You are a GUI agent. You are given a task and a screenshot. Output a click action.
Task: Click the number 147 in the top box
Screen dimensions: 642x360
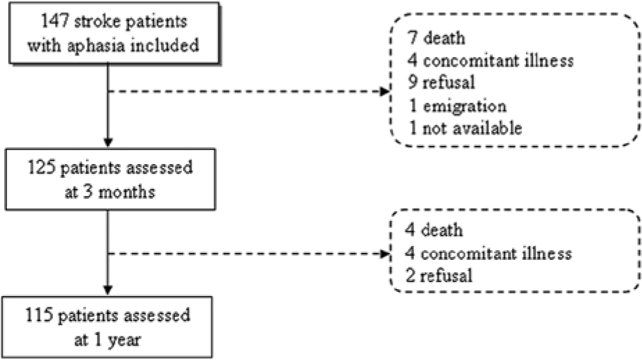tap(54, 21)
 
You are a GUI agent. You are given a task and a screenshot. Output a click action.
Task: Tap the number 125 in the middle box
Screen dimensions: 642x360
tap(42, 167)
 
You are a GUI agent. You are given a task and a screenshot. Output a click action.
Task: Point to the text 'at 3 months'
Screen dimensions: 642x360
tap(110, 192)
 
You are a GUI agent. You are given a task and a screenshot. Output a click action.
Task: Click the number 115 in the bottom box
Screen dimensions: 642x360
tap(40, 315)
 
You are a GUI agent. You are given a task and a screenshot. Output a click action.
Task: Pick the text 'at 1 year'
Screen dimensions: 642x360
tap(108, 340)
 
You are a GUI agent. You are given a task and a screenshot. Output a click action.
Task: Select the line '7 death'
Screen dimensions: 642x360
tap(436, 38)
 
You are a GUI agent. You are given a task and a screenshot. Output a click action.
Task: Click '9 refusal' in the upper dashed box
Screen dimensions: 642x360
tap(441, 82)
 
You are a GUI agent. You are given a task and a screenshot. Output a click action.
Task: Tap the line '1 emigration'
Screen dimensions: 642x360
tap(458, 106)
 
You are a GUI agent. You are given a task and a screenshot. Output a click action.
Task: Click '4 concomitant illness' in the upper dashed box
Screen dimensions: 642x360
tap(491, 60)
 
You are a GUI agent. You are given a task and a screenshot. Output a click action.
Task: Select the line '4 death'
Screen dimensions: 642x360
tap(434, 230)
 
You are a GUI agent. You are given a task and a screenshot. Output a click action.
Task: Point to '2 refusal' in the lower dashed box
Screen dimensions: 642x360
tap(439, 275)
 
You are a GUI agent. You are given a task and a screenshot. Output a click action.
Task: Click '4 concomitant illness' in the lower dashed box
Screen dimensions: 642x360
tap(488, 253)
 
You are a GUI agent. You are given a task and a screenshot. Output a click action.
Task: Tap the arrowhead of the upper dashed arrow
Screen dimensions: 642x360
tap(386, 91)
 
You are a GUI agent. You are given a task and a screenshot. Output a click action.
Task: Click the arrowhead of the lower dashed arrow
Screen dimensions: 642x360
tap(386, 254)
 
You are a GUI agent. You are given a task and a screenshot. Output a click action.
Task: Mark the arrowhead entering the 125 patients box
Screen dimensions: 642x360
tap(108, 142)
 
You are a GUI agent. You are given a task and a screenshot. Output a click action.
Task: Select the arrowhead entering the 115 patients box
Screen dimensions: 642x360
tap(108, 290)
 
